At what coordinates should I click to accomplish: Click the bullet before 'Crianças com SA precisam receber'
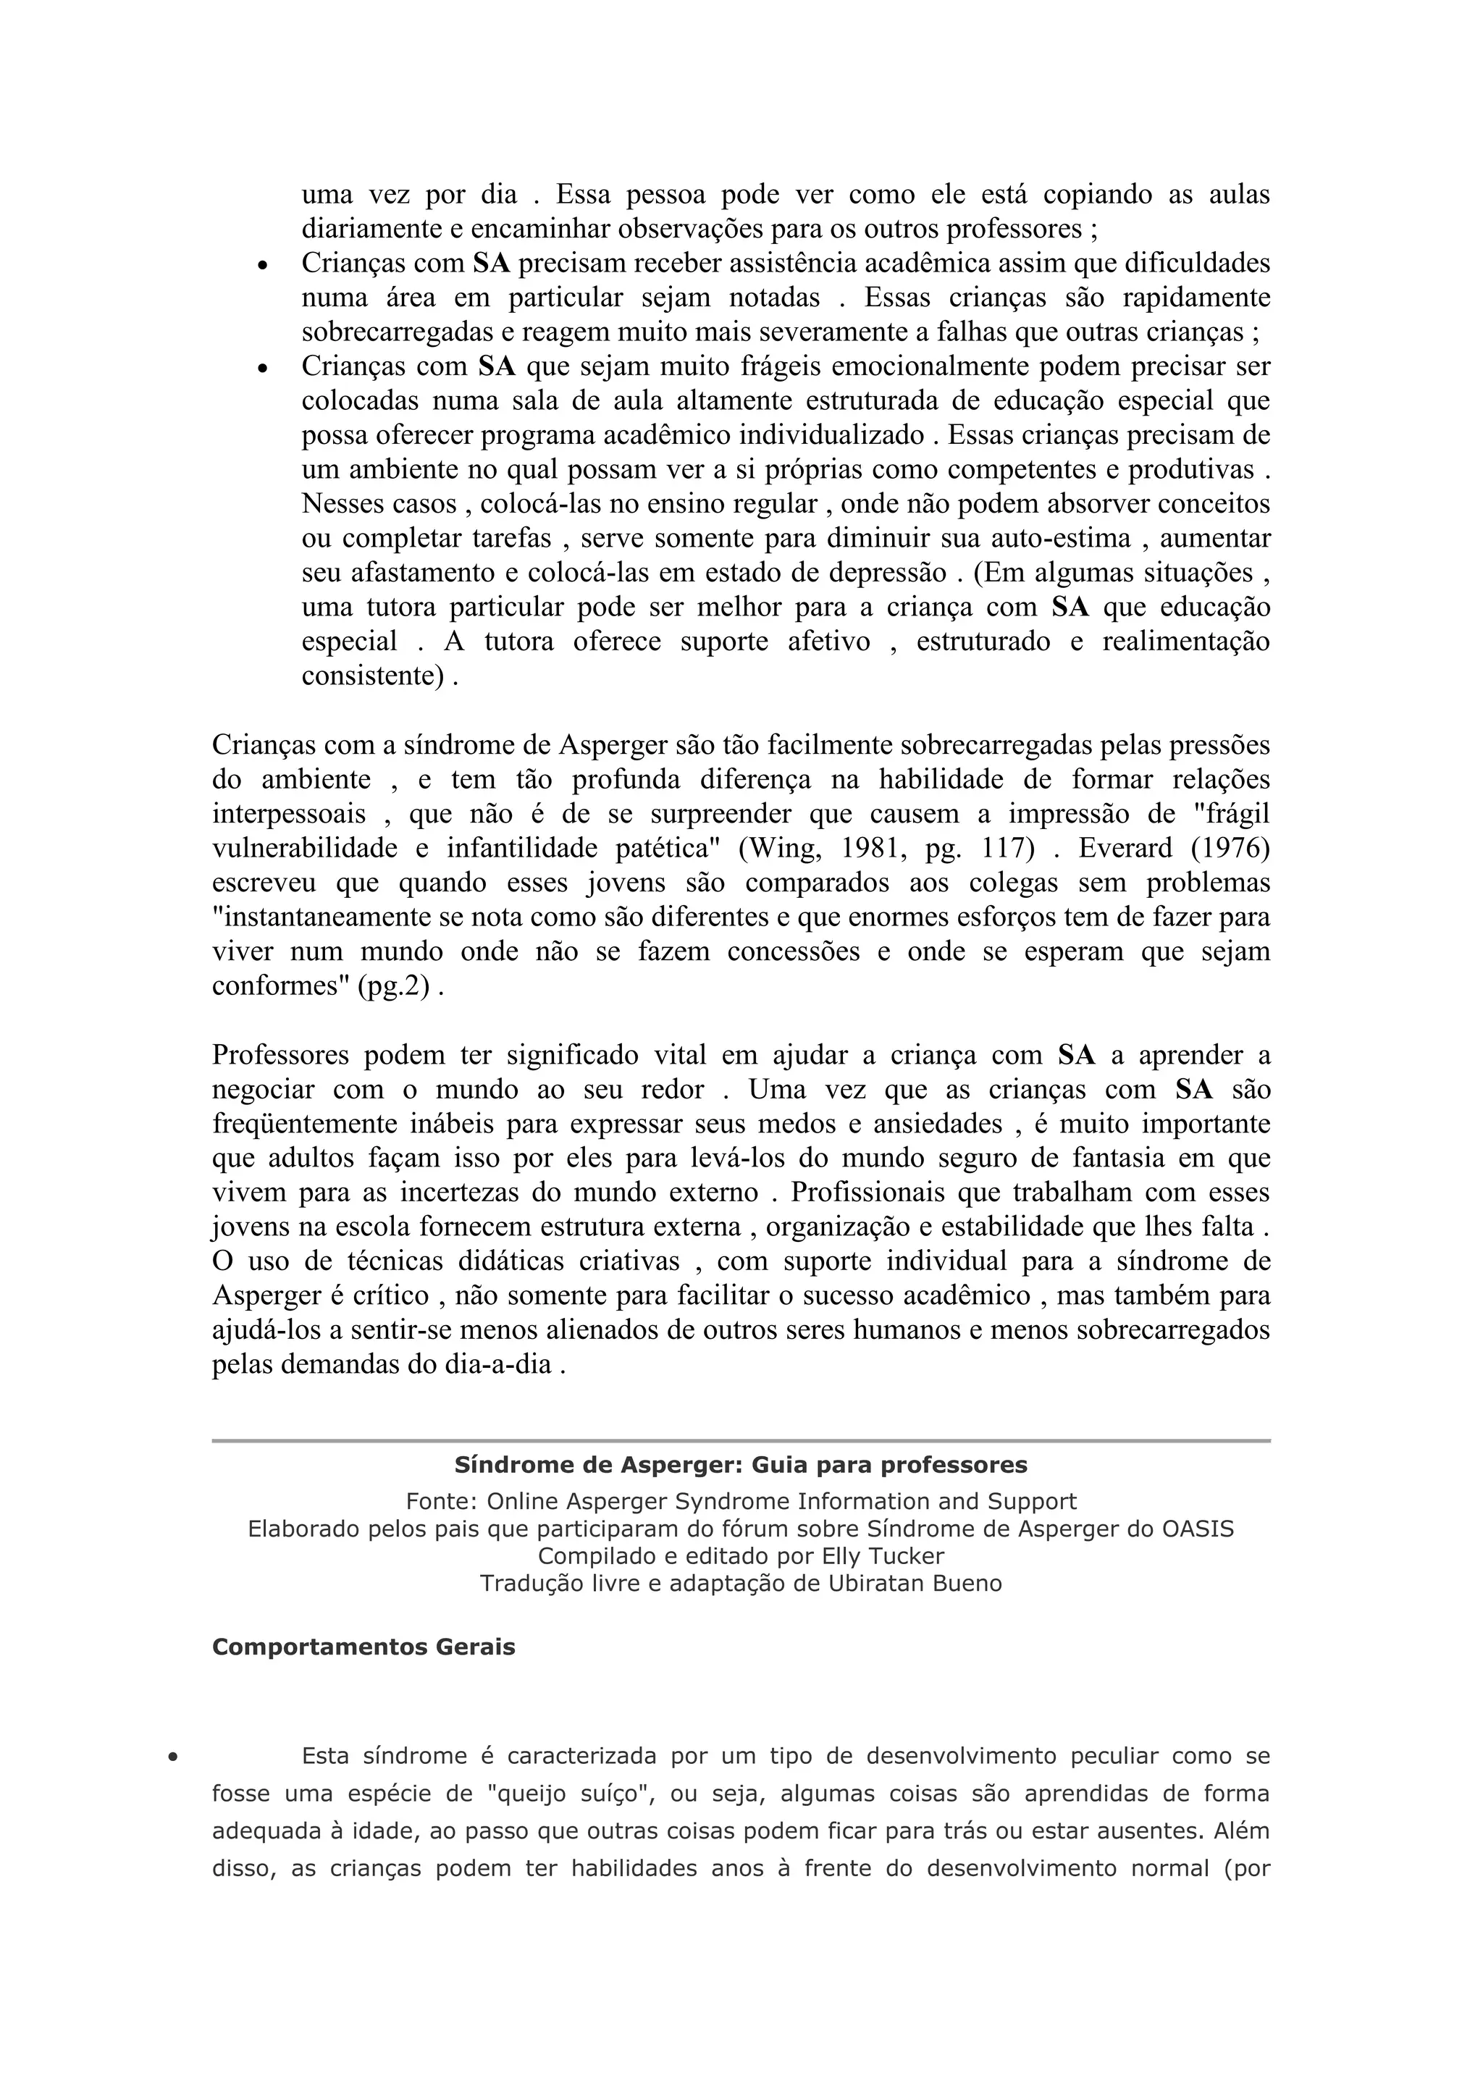[x=262, y=266]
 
